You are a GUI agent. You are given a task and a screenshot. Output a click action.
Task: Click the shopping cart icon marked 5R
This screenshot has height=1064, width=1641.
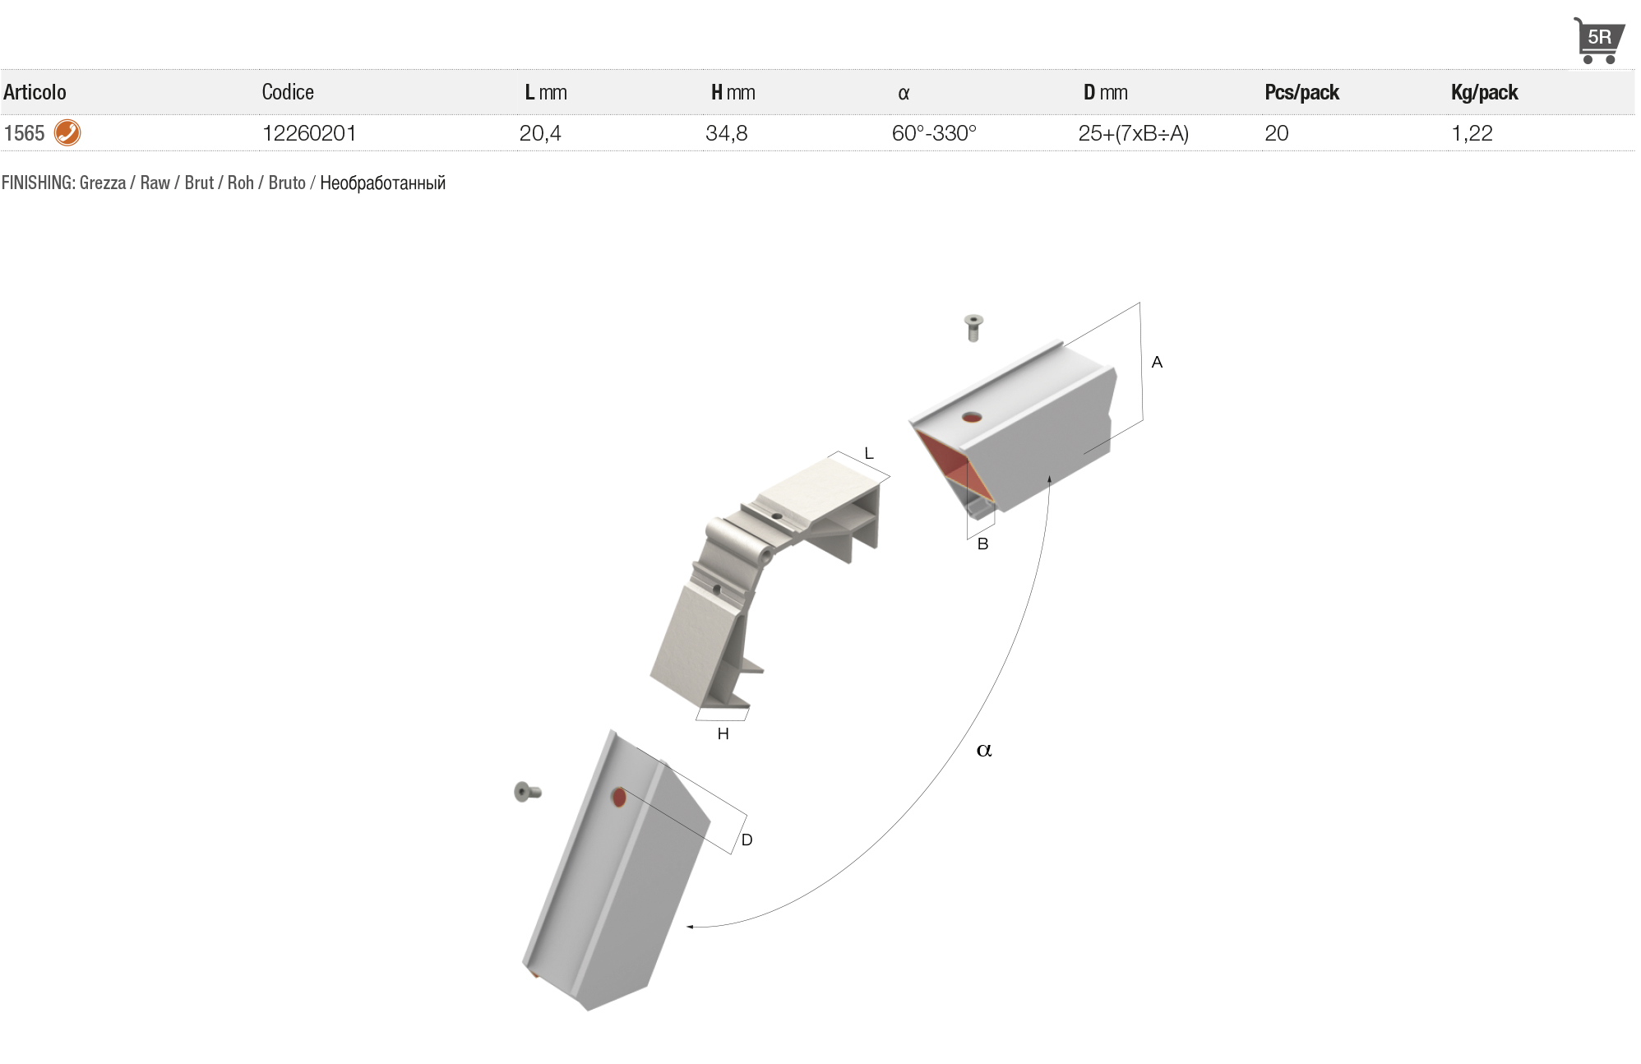1598,40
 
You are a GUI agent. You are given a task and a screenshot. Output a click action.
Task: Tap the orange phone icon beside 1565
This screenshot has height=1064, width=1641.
67,132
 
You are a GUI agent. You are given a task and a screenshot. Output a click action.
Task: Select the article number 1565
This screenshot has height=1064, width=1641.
24,133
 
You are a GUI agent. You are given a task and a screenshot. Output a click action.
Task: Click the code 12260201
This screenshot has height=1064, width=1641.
309,133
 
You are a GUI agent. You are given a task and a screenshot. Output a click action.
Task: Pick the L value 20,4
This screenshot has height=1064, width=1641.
540,133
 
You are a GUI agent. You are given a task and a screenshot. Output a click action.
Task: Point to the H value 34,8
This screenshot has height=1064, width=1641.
727,133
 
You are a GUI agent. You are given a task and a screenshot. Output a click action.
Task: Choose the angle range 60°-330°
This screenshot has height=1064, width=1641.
934,133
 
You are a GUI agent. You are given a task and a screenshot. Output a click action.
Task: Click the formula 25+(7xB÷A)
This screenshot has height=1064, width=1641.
1134,133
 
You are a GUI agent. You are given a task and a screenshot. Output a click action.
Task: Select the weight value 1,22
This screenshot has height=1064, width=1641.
1472,133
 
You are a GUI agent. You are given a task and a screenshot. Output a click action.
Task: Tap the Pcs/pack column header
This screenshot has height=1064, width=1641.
1301,92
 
